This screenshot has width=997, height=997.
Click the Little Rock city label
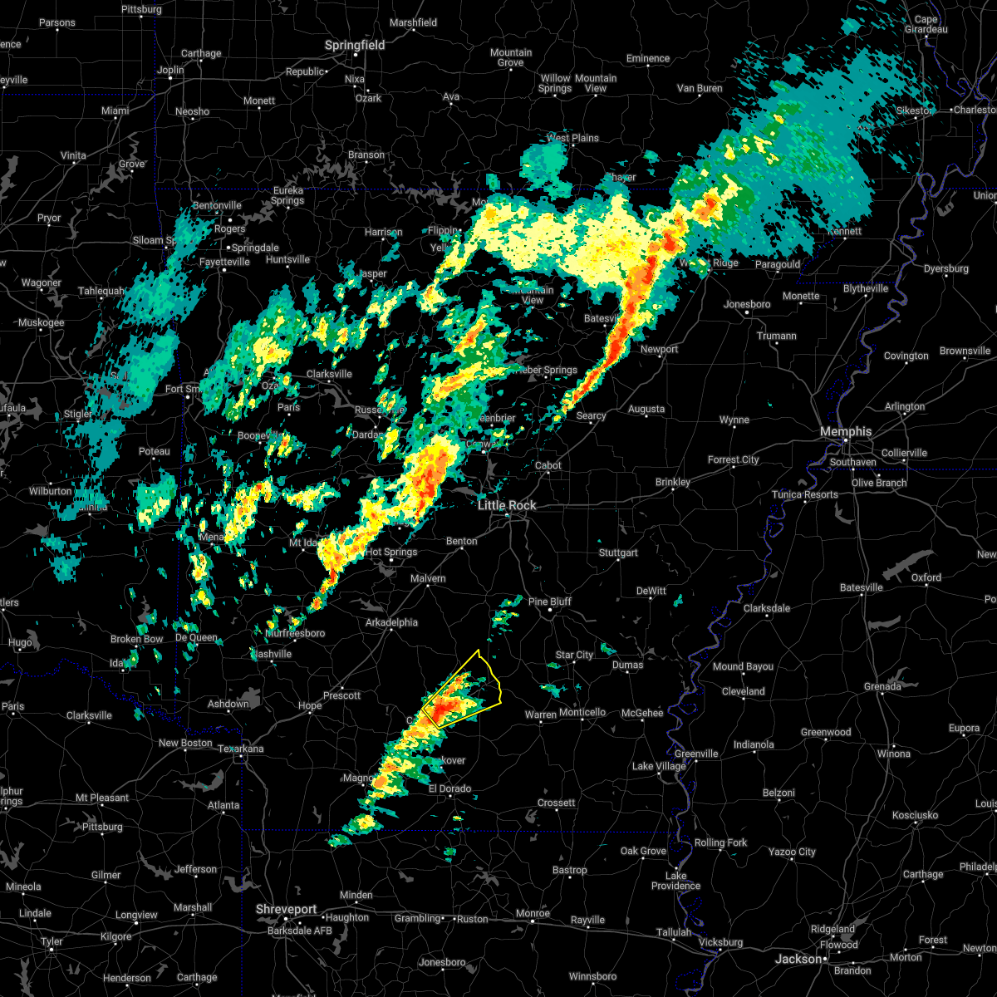(x=507, y=505)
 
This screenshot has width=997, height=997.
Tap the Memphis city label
(x=845, y=431)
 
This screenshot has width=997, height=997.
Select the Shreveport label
(x=286, y=910)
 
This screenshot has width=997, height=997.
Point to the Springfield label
(x=355, y=45)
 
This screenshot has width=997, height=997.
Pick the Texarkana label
(x=240, y=749)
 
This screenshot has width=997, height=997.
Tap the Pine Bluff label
(x=550, y=602)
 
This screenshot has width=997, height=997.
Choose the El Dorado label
(x=449, y=788)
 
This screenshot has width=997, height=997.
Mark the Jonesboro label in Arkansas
(x=747, y=304)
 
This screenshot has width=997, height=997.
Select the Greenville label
(x=696, y=754)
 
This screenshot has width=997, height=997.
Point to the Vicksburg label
(x=720, y=942)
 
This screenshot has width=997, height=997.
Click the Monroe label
(x=533, y=913)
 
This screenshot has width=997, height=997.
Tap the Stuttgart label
(x=618, y=553)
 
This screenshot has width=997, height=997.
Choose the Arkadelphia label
(x=391, y=622)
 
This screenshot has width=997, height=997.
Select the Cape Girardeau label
(x=926, y=24)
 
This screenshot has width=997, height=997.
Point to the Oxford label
(x=926, y=577)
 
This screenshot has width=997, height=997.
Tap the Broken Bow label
(x=136, y=639)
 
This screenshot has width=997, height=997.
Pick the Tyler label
(x=52, y=941)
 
